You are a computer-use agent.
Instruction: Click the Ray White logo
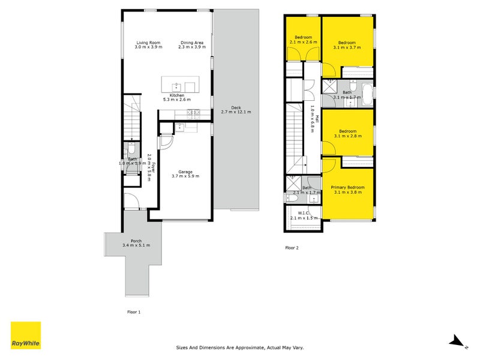tap(26, 335)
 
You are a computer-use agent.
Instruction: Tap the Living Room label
tap(148, 43)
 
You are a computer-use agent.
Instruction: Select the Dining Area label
tap(192, 43)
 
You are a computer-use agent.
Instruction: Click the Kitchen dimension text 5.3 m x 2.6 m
tap(177, 100)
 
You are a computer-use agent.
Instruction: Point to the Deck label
tap(236, 107)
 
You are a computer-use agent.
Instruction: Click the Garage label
tap(185, 172)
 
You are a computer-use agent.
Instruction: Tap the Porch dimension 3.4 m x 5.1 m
tap(136, 245)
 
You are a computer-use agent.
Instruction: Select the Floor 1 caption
tap(134, 312)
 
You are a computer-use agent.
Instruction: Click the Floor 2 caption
tap(292, 248)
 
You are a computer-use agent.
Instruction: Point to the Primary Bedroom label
tap(348, 187)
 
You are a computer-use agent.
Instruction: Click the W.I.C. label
tap(304, 213)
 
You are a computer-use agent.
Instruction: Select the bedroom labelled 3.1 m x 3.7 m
tap(348, 41)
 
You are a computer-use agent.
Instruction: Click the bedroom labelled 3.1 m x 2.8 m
tap(348, 132)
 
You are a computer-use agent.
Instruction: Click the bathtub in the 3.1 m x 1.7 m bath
tap(367, 94)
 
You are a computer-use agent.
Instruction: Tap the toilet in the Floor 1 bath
tap(131, 148)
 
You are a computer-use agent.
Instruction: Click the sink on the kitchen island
tap(176, 87)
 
